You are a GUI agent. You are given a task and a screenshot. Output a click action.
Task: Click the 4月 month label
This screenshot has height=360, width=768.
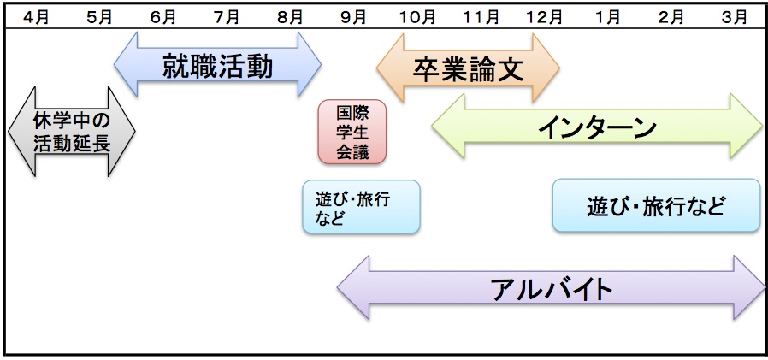36,15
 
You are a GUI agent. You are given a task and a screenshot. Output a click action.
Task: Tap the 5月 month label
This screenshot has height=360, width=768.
100,15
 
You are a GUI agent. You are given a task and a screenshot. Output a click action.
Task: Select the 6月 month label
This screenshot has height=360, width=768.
163,15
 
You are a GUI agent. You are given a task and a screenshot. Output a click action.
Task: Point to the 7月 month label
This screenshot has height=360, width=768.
227,15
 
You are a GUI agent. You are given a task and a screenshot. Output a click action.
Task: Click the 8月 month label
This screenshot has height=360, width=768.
290,15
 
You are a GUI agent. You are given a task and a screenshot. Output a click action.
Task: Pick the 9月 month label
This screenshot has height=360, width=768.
353,15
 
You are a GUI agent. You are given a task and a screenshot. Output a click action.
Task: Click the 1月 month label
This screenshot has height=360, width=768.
608,15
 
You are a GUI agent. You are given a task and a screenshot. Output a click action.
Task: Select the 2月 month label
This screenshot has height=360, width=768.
672,15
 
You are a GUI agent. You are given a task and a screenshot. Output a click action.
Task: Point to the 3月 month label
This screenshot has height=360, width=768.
734,15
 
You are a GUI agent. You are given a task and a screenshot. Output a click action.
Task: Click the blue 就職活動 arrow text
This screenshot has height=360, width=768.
217,66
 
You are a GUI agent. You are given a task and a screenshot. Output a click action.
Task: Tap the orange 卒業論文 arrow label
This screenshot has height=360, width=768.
468,68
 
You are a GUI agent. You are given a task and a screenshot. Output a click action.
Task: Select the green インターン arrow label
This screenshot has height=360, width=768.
597,127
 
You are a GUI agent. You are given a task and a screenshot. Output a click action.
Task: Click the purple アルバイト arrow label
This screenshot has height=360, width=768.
552,288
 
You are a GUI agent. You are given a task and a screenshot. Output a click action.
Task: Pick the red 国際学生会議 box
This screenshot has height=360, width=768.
352,132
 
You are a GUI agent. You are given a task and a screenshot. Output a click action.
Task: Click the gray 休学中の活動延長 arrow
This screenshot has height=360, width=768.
72,131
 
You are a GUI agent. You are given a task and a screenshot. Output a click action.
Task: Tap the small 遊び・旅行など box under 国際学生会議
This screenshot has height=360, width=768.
361,207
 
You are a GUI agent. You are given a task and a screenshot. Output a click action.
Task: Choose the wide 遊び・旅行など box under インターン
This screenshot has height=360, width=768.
656,205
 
